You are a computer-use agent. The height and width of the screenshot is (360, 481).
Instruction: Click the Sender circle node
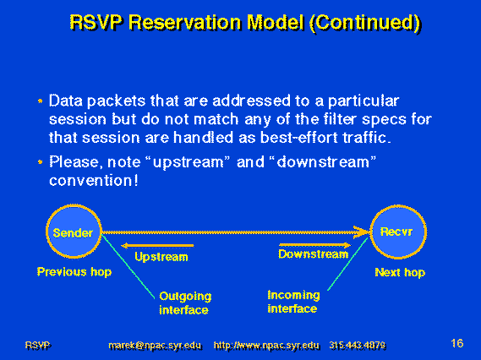(x=74, y=232)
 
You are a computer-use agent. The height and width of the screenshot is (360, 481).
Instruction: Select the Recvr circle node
(x=398, y=232)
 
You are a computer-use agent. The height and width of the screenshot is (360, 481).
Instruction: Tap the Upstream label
(x=161, y=257)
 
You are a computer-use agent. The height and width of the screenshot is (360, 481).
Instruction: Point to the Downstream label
(x=314, y=254)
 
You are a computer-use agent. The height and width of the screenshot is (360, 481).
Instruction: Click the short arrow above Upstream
(x=157, y=246)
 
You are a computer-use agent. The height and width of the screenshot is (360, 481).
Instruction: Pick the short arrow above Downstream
(x=315, y=245)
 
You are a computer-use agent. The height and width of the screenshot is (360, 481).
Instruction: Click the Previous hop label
(x=74, y=272)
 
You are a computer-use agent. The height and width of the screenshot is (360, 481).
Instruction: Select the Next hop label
(x=400, y=272)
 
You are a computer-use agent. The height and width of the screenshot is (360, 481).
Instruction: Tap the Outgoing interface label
(x=185, y=303)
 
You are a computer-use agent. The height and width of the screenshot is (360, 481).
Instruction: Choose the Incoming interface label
(x=293, y=302)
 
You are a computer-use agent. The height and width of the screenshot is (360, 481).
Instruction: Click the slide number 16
(x=457, y=343)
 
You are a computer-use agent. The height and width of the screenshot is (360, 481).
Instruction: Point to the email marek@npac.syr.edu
(x=156, y=346)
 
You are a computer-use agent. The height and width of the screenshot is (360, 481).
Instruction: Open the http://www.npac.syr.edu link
(x=266, y=346)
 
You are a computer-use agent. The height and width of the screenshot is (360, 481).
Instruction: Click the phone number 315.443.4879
(x=358, y=346)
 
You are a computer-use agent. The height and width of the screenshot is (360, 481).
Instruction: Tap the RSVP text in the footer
(x=38, y=346)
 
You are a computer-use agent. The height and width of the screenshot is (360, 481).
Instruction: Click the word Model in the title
(x=276, y=23)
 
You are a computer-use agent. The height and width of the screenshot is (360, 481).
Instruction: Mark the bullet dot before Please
(x=41, y=161)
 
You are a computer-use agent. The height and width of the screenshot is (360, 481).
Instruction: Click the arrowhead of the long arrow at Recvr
(x=361, y=232)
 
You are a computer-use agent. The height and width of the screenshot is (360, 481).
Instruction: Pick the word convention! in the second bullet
(x=94, y=180)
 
